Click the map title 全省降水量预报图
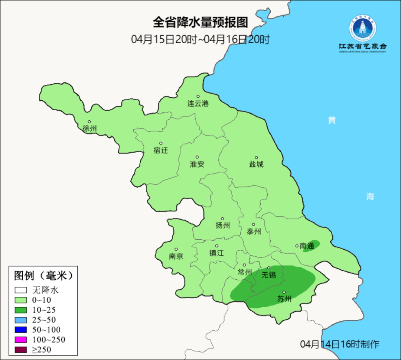pyautogui.click(x=200, y=22)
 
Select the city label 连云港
pyautogui.click(x=198, y=104)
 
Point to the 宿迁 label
pyautogui.click(x=161, y=150)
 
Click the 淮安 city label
pyautogui.click(x=197, y=164)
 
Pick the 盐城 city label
pyautogui.click(x=256, y=164)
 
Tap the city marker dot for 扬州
pyautogui.click(x=222, y=219)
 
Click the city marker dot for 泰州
pyautogui.click(x=254, y=224)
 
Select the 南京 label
pyautogui.click(x=176, y=256)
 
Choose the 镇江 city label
pyautogui.click(x=216, y=253)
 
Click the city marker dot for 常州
pyautogui.click(x=244, y=265)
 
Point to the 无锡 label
pyautogui.click(x=269, y=275)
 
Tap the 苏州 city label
pyautogui.click(x=284, y=299)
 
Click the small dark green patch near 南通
pyautogui.click(x=311, y=246)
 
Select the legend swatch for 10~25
pyautogui.click(x=21, y=310)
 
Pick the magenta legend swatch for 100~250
pyautogui.click(x=21, y=340)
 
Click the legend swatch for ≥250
pyautogui.click(x=21, y=349)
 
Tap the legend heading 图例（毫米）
pyautogui.click(x=43, y=276)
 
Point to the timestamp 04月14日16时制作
pyautogui.click(x=340, y=344)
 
